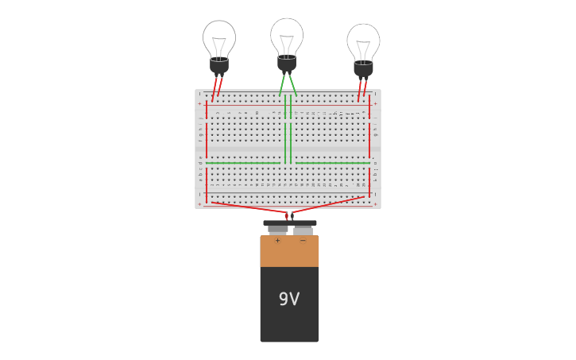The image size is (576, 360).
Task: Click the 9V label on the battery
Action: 289,300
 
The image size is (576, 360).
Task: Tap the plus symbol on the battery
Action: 277,241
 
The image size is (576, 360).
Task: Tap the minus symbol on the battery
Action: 303,241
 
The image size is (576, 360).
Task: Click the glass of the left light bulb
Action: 219,38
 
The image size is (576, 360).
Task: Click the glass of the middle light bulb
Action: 287,36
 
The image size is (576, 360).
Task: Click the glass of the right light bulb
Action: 363,41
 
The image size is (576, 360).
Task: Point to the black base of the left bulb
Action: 219,65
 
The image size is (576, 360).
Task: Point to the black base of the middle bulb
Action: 287,63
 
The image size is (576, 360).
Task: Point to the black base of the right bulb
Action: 363,68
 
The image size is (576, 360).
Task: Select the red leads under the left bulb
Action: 217,87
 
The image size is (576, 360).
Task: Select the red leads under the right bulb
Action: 361,90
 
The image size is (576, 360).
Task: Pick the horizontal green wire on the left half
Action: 242,163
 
